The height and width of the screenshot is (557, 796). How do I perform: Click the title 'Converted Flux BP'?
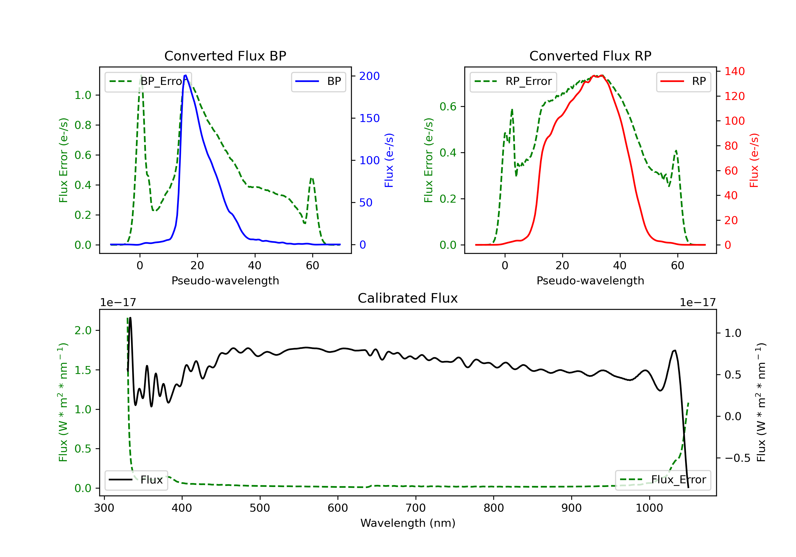pyautogui.click(x=225, y=56)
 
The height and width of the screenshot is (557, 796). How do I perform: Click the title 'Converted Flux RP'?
pyautogui.click(x=590, y=56)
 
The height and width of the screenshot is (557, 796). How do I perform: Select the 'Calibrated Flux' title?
pyautogui.click(x=408, y=298)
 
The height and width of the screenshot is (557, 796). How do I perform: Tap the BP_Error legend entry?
pyautogui.click(x=148, y=81)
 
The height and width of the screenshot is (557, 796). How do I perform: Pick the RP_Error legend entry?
pyautogui.click(x=513, y=81)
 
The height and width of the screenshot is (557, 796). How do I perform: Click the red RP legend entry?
pyautogui.click(x=683, y=81)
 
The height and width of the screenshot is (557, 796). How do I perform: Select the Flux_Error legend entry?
pyautogui.click(x=663, y=480)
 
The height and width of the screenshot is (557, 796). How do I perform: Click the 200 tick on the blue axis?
pyautogui.click(x=369, y=76)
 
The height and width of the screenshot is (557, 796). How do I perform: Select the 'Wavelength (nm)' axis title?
pyautogui.click(x=408, y=523)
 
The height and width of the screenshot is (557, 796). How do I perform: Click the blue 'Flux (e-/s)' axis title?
pyautogui.click(x=389, y=160)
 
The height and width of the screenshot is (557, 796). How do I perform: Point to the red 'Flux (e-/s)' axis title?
pyautogui.click(x=754, y=160)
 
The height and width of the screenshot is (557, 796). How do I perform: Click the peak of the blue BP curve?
pyautogui.click(x=186, y=75)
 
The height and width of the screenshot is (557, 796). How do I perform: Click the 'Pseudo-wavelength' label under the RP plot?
pyautogui.click(x=590, y=280)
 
